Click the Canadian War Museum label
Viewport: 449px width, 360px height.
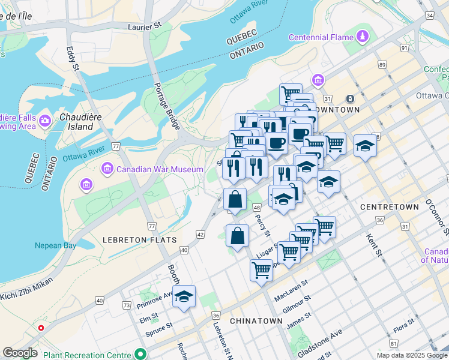[160, 170]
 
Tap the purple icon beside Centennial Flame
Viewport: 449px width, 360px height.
[362, 37]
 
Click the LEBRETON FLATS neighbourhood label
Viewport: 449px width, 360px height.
[139, 240]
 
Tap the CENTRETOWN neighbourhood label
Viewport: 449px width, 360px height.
[389, 206]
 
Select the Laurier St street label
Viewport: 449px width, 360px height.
[145, 26]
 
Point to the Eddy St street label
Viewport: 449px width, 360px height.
[73, 58]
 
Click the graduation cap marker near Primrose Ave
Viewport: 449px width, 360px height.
[184, 296]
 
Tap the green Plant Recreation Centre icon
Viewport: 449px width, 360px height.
[140, 353]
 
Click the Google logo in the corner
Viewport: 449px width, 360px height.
[20, 353]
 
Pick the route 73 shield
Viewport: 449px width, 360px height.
[126, 305]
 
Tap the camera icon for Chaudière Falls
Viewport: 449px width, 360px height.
[45, 122]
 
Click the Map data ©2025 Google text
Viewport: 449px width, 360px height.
[412, 355]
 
